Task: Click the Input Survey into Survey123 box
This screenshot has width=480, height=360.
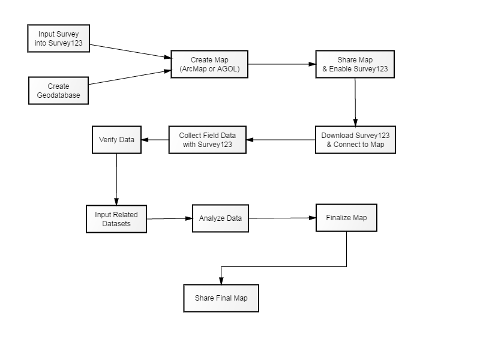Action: point(58,38)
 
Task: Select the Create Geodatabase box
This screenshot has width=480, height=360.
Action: point(58,91)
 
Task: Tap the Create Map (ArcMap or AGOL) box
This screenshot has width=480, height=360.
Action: point(209,64)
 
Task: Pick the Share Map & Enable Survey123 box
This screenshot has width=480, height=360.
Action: point(355,64)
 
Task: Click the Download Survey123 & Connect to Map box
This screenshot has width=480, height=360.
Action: point(355,140)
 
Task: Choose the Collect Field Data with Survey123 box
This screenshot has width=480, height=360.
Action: point(208,140)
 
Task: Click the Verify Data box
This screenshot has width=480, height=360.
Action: point(116,140)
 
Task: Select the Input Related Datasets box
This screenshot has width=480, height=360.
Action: point(116,219)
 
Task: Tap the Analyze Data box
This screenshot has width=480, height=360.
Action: point(220,218)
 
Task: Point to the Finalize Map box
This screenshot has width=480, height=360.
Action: point(347,218)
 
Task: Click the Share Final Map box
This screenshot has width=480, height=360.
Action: point(221,298)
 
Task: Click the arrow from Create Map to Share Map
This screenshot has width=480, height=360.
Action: point(282,64)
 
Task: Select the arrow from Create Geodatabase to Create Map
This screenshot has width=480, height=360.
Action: point(130,77)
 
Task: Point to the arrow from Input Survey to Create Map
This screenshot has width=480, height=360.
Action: point(130,51)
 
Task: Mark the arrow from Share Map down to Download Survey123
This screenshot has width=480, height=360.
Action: point(355,102)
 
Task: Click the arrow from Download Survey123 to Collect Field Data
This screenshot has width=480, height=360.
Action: point(281,140)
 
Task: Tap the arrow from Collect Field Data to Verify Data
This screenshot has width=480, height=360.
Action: point(155,140)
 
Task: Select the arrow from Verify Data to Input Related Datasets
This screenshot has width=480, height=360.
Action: point(116,179)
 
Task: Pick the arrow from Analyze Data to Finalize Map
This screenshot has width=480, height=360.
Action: point(282,218)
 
